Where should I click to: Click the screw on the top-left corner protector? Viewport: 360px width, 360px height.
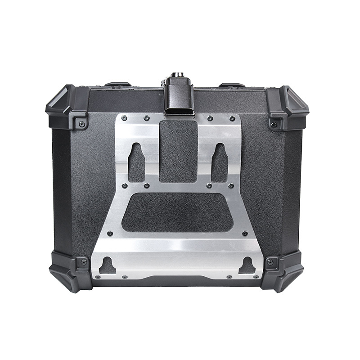point(81,123)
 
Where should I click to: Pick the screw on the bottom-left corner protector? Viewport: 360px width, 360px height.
point(84,262)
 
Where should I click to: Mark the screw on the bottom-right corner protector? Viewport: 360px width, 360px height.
point(270,262)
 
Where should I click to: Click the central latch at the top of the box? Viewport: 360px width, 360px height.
point(178,97)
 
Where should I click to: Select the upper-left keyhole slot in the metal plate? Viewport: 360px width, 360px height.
point(136,162)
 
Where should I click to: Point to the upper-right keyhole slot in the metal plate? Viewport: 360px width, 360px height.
point(220,162)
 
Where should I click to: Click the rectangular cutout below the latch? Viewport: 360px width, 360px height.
point(178,151)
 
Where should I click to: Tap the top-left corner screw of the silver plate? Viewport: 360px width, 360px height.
point(124,118)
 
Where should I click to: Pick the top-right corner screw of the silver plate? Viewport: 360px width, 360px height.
point(232,118)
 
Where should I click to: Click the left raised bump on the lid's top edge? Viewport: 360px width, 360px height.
point(118,84)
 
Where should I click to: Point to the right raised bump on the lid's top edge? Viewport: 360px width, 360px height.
point(232,85)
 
